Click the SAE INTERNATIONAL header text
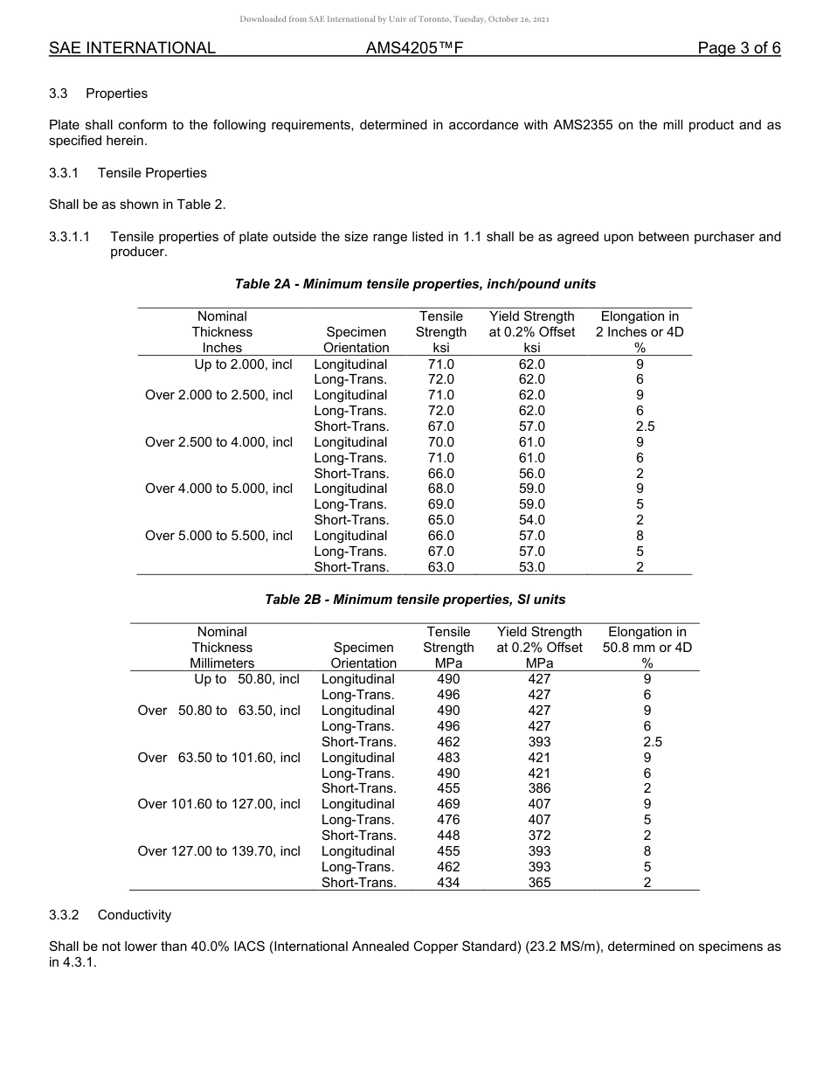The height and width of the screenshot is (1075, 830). coord(132,48)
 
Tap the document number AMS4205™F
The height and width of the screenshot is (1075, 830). coord(414,48)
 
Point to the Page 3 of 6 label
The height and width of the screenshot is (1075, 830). coord(738,48)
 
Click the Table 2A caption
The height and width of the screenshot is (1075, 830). coord(415,284)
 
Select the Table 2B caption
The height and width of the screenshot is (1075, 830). coord(415,600)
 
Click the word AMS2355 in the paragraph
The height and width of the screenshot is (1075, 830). coord(584,125)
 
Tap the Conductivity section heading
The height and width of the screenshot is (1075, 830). coord(134,915)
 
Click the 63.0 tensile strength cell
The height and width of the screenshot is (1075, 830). coord(440,567)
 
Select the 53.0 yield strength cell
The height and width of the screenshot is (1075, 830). coord(531,567)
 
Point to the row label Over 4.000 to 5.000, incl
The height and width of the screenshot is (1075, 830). coord(218,489)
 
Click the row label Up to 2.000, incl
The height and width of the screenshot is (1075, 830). coord(243,364)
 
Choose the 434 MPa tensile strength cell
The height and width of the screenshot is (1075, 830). coord(448,883)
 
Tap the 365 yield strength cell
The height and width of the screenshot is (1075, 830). coord(539,883)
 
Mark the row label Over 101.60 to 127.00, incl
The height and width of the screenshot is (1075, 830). coord(218,804)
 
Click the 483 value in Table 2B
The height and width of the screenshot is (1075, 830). coord(448,758)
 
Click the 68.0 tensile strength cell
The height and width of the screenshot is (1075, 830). coord(440,489)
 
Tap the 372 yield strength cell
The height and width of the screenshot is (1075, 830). coord(539,836)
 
